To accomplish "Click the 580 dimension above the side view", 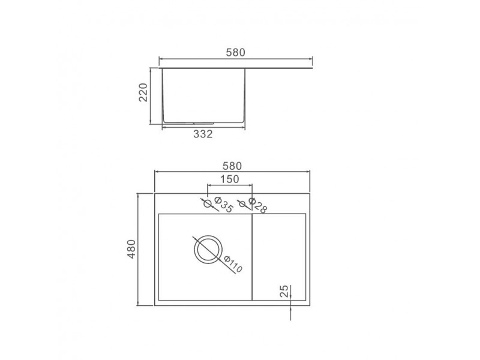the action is (x=236, y=52).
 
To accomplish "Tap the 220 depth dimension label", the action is (x=143, y=92).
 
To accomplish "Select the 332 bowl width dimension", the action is (x=203, y=134).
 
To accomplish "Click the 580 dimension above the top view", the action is (x=232, y=166).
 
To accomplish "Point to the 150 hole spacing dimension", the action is (x=230, y=179).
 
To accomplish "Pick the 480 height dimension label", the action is (x=131, y=249).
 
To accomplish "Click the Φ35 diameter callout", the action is (x=223, y=205).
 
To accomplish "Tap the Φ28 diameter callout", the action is (x=257, y=205).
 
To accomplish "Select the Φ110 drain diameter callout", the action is (x=233, y=264).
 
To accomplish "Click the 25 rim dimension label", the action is (x=284, y=291).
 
